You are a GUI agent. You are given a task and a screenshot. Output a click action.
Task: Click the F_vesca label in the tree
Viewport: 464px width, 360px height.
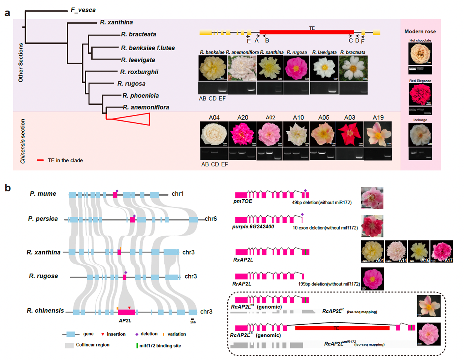click(x=83, y=10)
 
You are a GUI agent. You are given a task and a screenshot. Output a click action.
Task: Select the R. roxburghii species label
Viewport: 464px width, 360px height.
click(x=139, y=72)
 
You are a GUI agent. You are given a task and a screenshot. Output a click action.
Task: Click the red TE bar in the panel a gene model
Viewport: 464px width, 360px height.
click(x=306, y=33)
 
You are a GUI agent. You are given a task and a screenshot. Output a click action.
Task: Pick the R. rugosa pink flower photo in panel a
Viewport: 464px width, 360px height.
click(x=296, y=68)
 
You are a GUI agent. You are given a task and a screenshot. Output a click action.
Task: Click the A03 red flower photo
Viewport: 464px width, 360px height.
click(x=350, y=134)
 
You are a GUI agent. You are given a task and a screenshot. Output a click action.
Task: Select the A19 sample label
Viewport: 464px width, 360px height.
click(x=378, y=118)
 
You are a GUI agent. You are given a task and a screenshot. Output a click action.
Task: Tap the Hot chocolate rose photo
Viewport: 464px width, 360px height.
click(x=420, y=54)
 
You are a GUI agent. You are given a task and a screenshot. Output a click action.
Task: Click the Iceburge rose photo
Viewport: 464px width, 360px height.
click(x=420, y=135)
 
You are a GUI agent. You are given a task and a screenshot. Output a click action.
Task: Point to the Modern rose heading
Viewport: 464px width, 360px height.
click(x=420, y=31)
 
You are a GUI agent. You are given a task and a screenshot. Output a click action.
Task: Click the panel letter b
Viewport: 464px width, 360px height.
click(x=8, y=188)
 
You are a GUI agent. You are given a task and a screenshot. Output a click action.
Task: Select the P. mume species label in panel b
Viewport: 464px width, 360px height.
click(x=43, y=194)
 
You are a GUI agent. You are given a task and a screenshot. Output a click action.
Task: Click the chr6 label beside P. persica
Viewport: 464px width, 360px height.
click(x=210, y=219)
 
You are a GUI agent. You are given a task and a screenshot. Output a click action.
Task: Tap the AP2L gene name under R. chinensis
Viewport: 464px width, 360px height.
click(x=125, y=321)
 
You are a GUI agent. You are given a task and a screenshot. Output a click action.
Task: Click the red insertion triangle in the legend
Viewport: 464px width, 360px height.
click(x=103, y=334)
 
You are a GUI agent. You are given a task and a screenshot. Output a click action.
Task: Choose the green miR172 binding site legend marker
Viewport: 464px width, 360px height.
click(x=137, y=346)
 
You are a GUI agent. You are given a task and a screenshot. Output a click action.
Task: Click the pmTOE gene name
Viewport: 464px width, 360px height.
click(x=243, y=201)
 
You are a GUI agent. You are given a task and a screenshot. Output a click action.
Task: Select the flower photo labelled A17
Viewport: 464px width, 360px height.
click(x=441, y=251)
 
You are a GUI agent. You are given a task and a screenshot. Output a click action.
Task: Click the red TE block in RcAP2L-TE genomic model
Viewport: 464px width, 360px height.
click(x=342, y=328)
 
